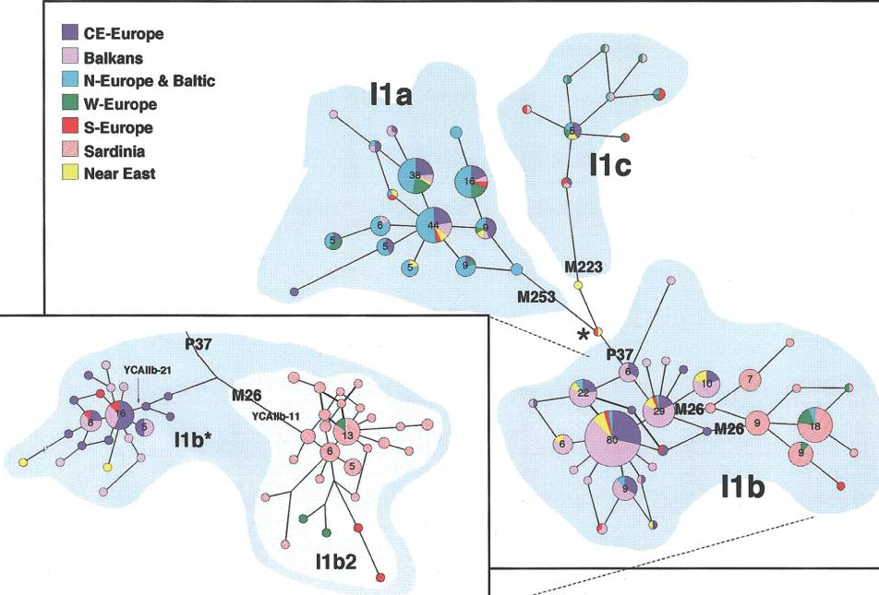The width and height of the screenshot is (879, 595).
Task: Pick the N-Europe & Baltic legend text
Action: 149,80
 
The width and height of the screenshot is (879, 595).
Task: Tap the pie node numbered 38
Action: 415,175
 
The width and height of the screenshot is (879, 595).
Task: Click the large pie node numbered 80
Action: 612,439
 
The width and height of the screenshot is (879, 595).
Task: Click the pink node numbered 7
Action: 751,379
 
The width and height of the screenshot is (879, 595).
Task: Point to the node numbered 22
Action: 584,394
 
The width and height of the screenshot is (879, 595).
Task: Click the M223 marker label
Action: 584,268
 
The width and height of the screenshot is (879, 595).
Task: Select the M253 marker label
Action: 536,296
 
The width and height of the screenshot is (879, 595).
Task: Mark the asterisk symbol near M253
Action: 583,334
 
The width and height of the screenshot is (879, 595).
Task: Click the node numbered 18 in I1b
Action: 815,426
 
